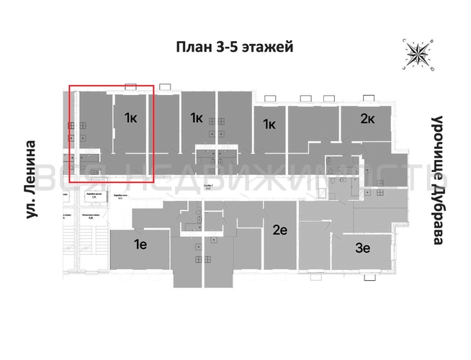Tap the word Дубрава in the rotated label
click(x=436, y=208)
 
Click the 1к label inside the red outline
click(x=131, y=118)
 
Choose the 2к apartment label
click(x=367, y=118)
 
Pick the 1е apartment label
click(x=141, y=245)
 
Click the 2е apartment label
click(x=281, y=230)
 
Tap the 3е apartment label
click(x=362, y=249)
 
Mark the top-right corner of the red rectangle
click(x=154, y=86)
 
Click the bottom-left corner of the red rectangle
click(x=70, y=181)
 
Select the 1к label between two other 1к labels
click(x=196, y=118)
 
